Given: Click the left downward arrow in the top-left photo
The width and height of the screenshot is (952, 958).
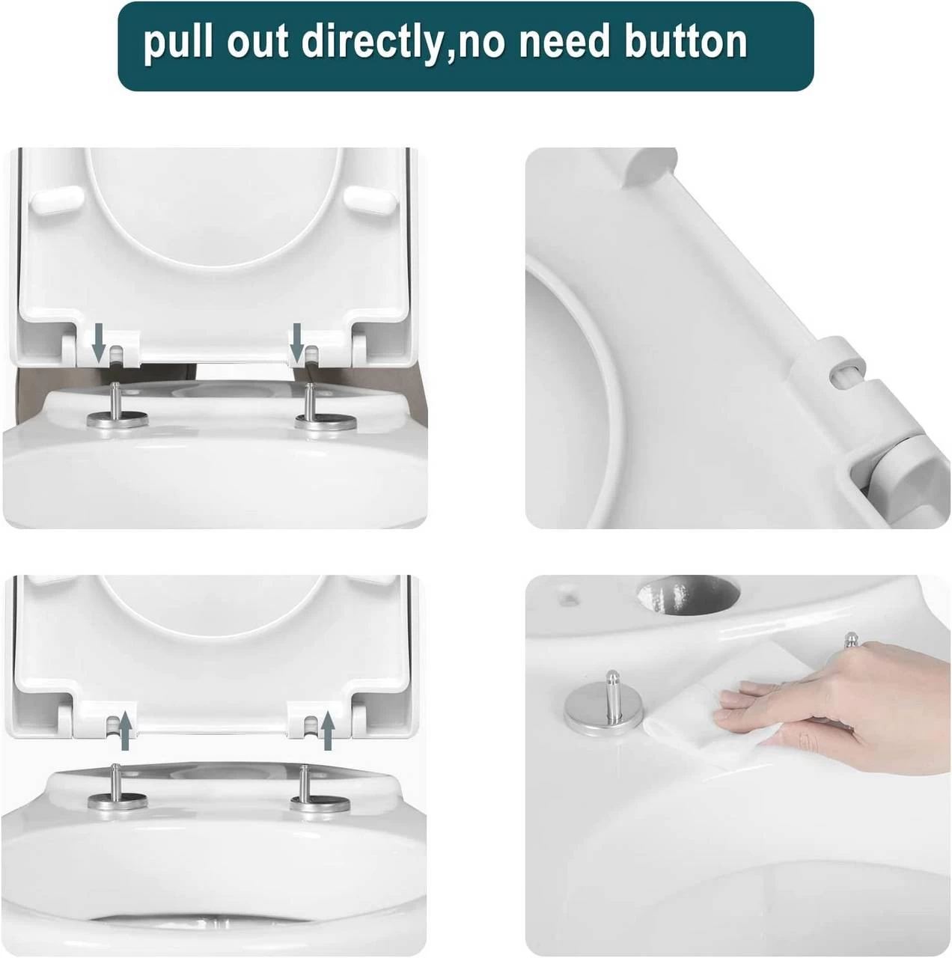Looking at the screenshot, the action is [100, 343].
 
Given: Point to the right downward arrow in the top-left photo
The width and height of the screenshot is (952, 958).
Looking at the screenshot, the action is [297, 343].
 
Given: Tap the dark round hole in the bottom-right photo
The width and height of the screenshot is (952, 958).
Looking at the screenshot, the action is [689, 594].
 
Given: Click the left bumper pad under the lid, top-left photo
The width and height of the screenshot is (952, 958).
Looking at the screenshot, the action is [58, 200].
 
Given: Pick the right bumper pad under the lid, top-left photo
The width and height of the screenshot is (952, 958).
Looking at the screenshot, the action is [371, 199].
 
